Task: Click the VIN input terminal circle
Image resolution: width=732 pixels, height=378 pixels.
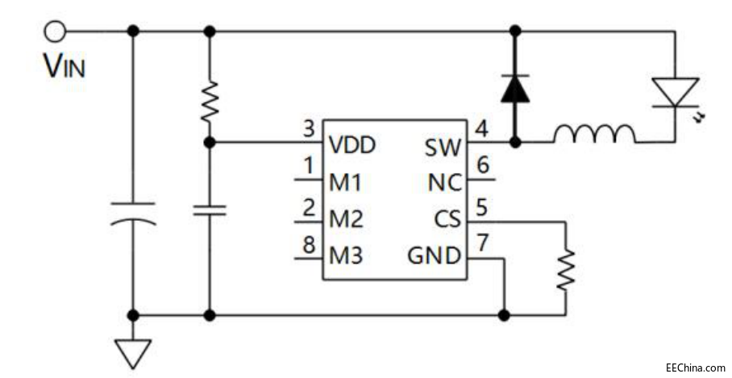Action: (54, 31)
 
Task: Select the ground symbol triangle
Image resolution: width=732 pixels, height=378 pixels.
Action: (133, 351)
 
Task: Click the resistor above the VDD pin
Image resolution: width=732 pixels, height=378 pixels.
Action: (209, 100)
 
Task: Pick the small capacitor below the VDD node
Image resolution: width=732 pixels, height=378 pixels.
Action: (209, 210)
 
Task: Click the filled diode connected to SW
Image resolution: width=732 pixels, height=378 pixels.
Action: (514, 89)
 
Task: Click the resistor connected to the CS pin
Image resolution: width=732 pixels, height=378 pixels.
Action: (566, 268)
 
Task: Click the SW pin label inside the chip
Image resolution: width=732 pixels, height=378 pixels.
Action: (442, 147)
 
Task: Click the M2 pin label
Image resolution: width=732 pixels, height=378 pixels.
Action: (346, 220)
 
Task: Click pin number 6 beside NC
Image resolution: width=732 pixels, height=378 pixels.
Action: (482, 165)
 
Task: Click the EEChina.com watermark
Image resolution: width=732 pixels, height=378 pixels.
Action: (695, 368)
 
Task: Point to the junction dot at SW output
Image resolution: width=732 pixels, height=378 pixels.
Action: (514, 143)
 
